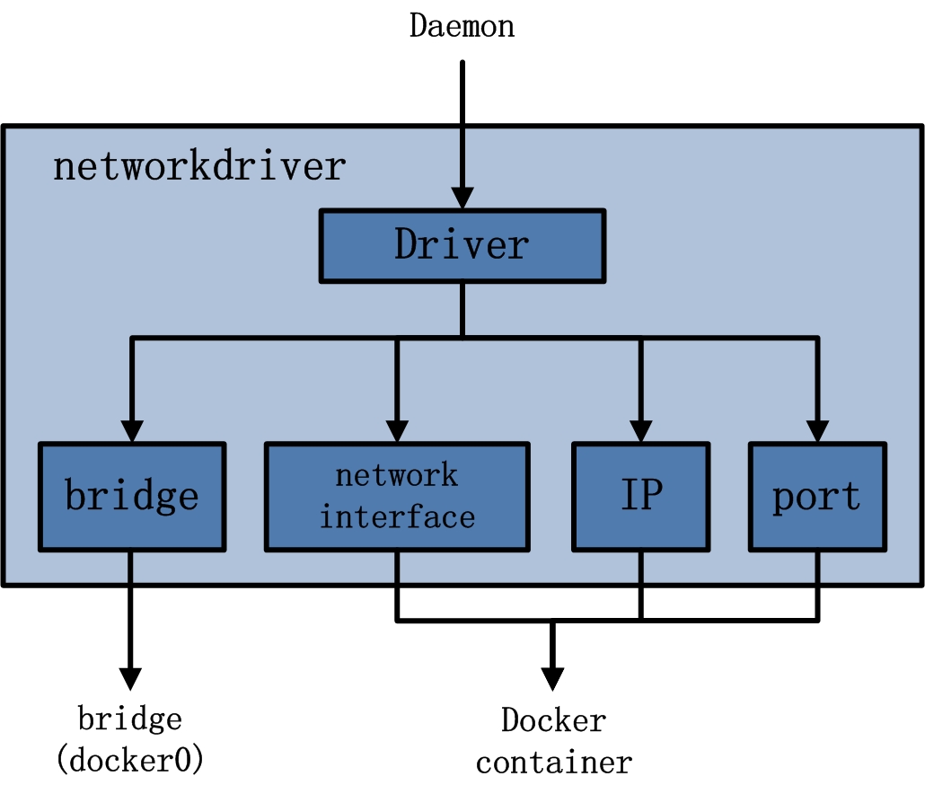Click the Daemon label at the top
pos(462,25)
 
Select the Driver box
pos(462,245)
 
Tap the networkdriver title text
pos(198,167)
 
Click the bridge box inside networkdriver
pos(131,496)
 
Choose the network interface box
pos(396,496)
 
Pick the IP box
pos(640,496)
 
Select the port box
pos(817,496)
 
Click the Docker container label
pos(553,741)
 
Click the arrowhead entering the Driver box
pos(462,198)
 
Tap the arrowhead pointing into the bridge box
pos(132,430)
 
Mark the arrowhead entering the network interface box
pos(397,430)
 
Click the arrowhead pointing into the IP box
pos(640,430)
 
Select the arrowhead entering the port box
pos(817,430)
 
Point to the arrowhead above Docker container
pos(552,677)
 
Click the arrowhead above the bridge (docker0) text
pos(131,677)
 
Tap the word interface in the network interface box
pos(397,517)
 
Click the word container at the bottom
pos(553,763)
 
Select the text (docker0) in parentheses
pos(131,760)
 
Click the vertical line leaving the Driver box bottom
pos(462,309)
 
